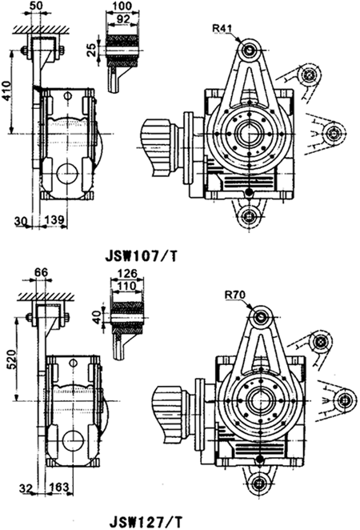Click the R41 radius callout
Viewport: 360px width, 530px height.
[x=222, y=28]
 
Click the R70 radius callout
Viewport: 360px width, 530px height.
[x=235, y=295]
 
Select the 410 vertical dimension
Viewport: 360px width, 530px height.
[x=6, y=91]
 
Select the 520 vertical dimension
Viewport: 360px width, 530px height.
[x=11, y=359]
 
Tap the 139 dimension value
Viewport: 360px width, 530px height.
[x=54, y=220]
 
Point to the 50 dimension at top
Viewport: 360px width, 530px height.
[x=37, y=6]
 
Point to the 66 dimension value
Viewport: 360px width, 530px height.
[x=41, y=272]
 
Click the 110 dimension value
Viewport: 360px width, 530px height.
[x=126, y=287]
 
